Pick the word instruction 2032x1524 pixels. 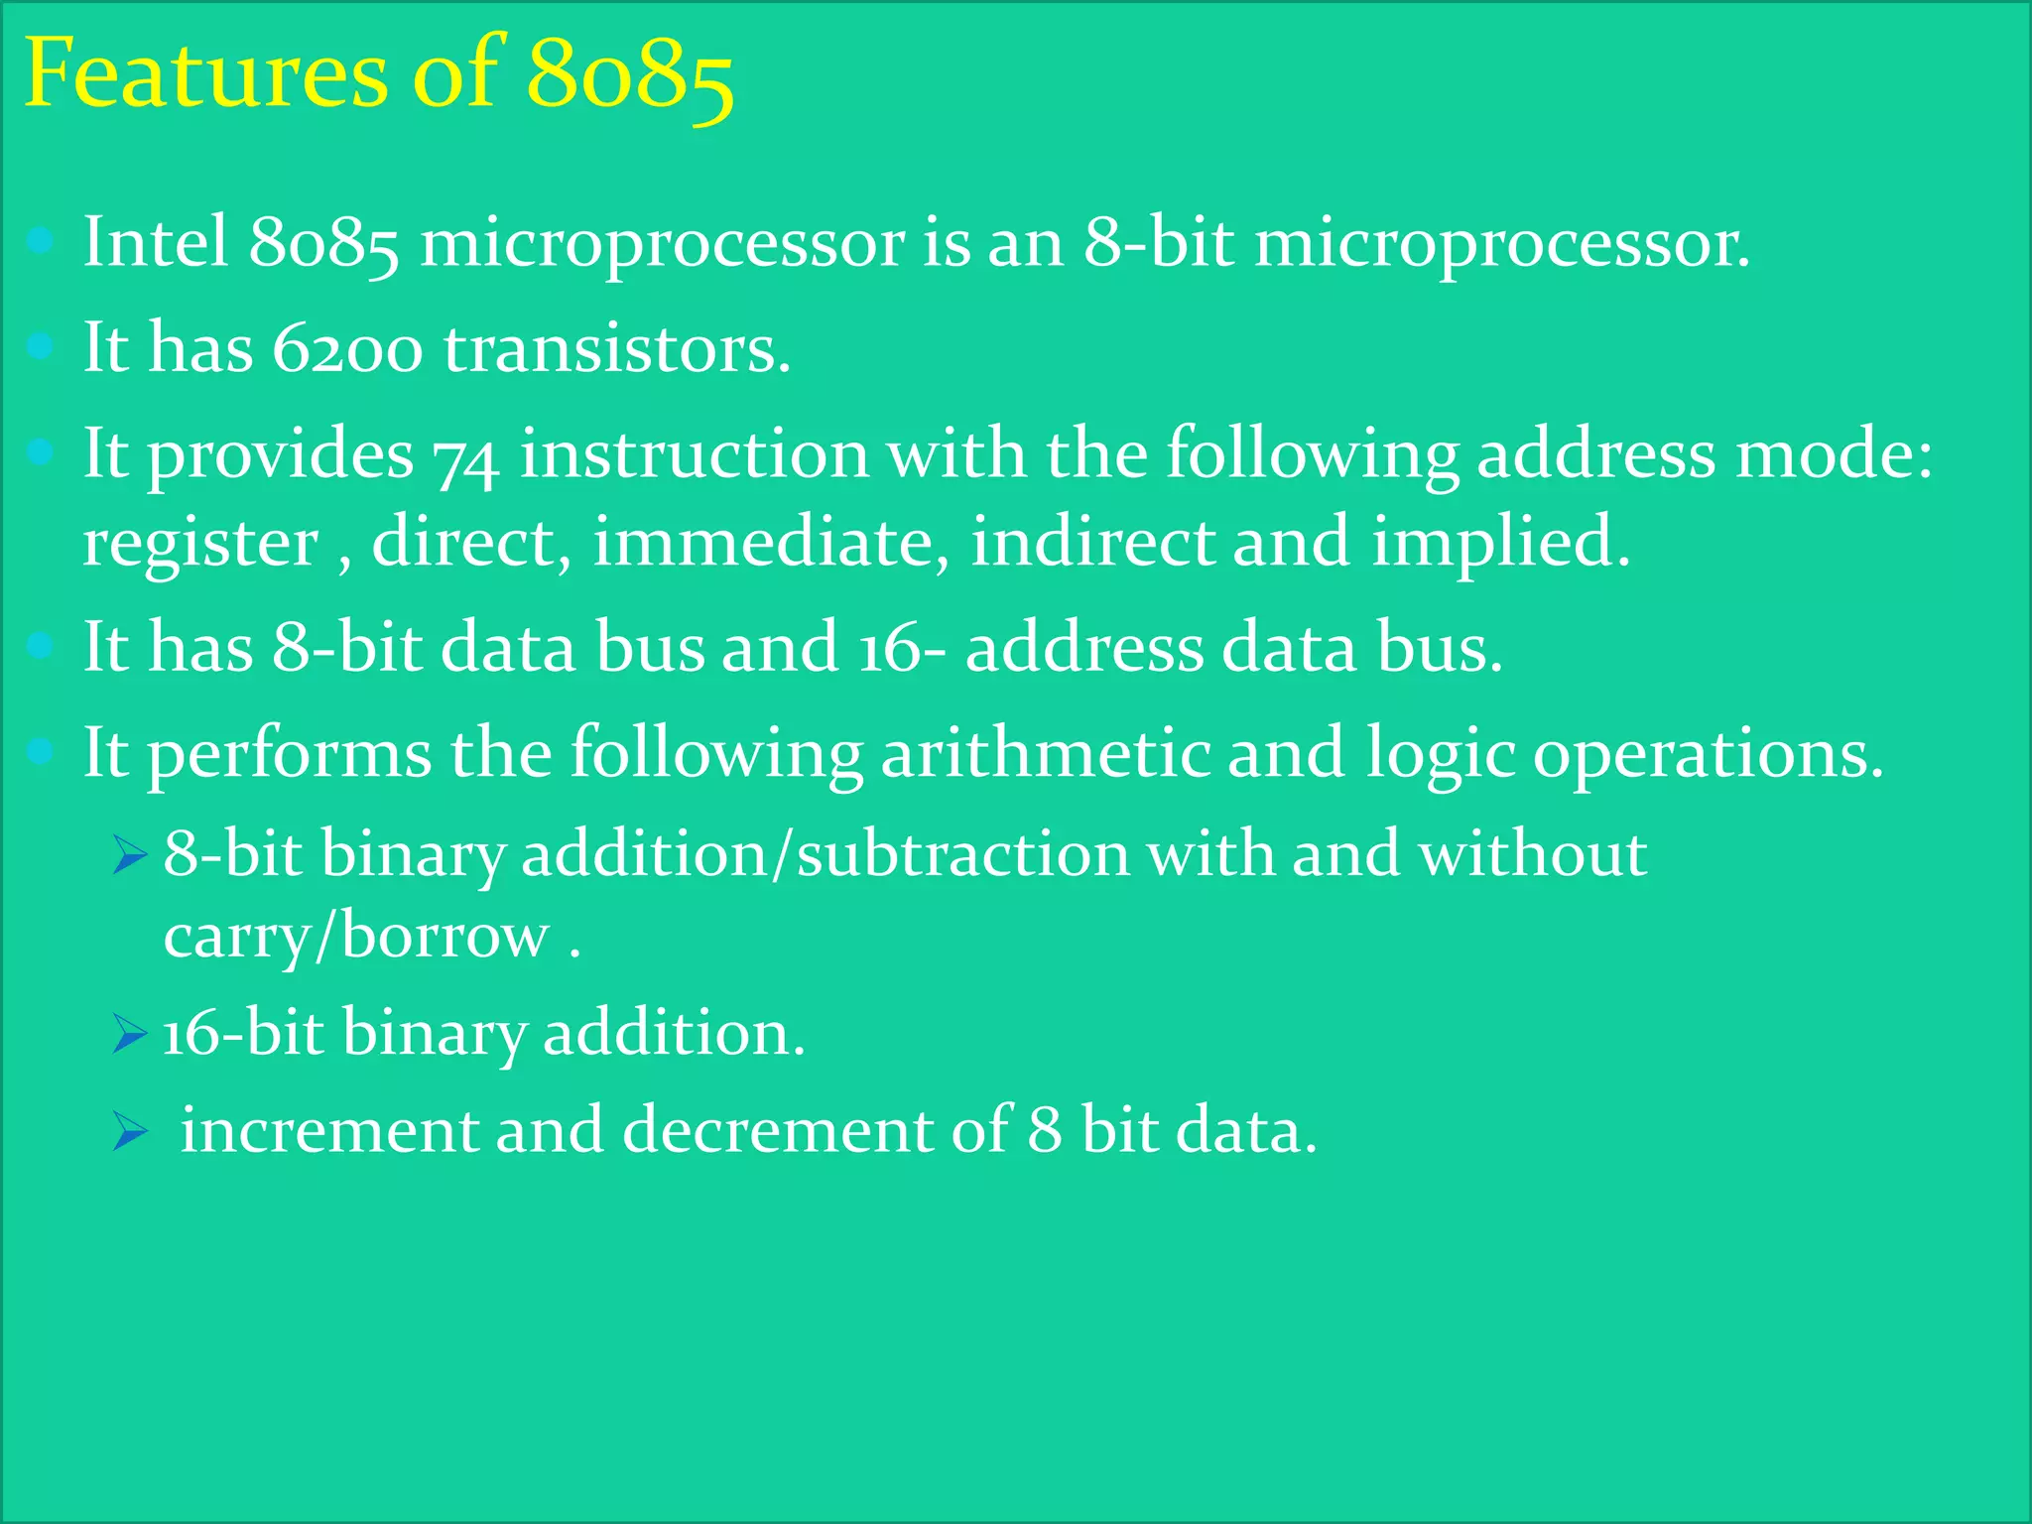click(x=695, y=453)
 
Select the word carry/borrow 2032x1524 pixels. click(x=356, y=938)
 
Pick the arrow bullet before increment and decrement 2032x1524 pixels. click(x=129, y=1130)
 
